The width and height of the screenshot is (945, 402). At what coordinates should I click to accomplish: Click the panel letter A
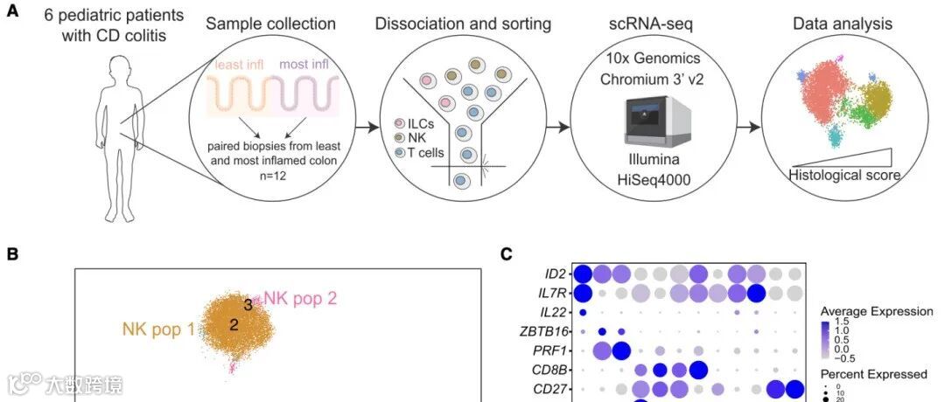coord(12,16)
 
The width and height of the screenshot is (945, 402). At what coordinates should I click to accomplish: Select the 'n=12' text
coord(273,174)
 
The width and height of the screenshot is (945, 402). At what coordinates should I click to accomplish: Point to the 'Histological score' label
coord(844,175)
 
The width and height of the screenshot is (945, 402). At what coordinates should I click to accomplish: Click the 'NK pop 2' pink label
coord(300,298)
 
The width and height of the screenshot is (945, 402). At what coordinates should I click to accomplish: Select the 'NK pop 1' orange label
coord(157,329)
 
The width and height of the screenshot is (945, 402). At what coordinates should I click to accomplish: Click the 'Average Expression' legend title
coord(876,311)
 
